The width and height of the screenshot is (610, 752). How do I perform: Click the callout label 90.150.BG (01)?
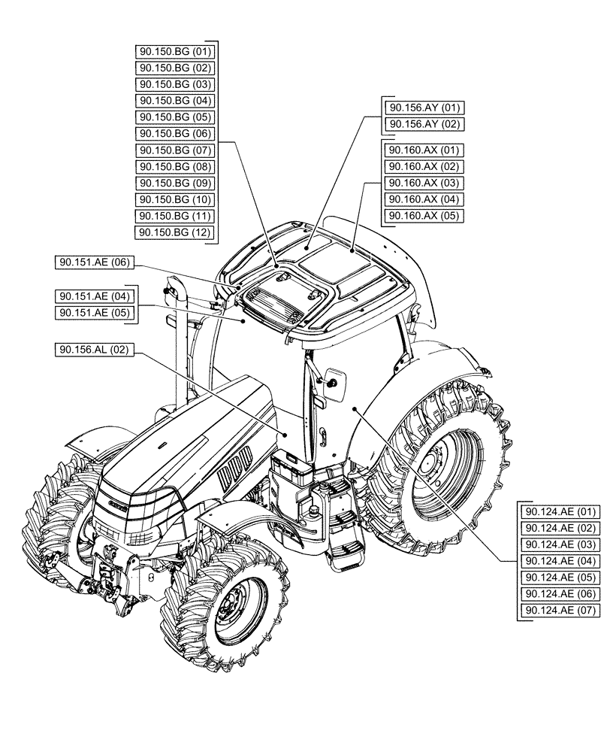(175, 51)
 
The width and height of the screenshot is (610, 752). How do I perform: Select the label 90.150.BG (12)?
(175, 233)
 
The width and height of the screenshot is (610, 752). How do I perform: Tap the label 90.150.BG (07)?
(175, 150)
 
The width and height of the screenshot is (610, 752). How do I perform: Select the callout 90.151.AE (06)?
(94, 262)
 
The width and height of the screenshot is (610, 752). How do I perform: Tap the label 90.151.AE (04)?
(94, 296)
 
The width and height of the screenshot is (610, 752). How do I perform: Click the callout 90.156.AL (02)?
(94, 350)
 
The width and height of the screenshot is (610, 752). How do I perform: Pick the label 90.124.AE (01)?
(560, 511)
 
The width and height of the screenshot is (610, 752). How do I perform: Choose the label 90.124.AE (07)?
(560, 611)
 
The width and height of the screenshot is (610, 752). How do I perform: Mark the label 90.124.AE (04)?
(560, 561)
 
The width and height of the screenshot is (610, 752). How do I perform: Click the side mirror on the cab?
(334, 384)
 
